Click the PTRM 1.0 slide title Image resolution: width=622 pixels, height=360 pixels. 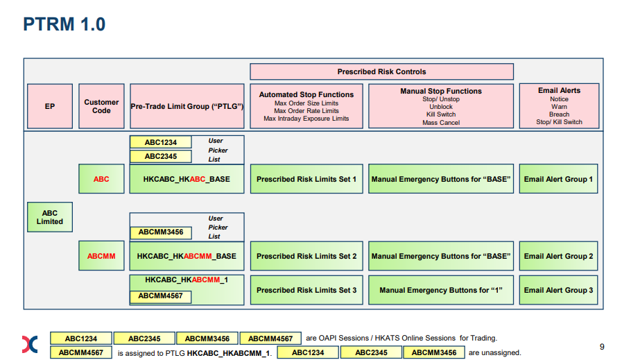coord(64,24)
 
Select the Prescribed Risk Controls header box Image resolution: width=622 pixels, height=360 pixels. coord(381,71)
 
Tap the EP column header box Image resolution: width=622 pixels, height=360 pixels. coord(50,106)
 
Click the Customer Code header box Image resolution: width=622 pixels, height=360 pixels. coord(101,106)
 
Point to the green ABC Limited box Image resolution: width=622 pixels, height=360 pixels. coord(50,217)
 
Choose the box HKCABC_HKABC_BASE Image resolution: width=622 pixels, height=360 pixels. coord(187,179)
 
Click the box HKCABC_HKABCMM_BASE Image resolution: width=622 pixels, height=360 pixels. coord(187,256)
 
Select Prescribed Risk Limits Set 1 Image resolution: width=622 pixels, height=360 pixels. coord(306,179)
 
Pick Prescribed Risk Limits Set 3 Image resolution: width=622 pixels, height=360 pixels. coord(306,290)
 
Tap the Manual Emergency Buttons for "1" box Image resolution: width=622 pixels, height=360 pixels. coord(441,290)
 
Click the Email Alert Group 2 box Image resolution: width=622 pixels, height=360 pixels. coord(558,256)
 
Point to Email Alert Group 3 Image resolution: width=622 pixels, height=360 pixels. coord(558,290)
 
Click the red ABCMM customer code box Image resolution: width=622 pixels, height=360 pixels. coord(101,256)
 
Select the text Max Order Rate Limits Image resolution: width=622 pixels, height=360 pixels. coord(306,111)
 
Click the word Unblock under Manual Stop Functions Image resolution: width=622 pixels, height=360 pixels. coord(441,107)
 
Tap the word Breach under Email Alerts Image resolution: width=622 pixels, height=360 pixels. coord(559,114)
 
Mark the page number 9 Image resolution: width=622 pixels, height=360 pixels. coord(602,347)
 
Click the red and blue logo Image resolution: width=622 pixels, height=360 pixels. coord(30,344)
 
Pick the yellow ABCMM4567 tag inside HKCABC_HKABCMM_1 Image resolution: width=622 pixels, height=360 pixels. coord(161,296)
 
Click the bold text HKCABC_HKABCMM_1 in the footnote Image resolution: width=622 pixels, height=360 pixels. coord(229,353)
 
